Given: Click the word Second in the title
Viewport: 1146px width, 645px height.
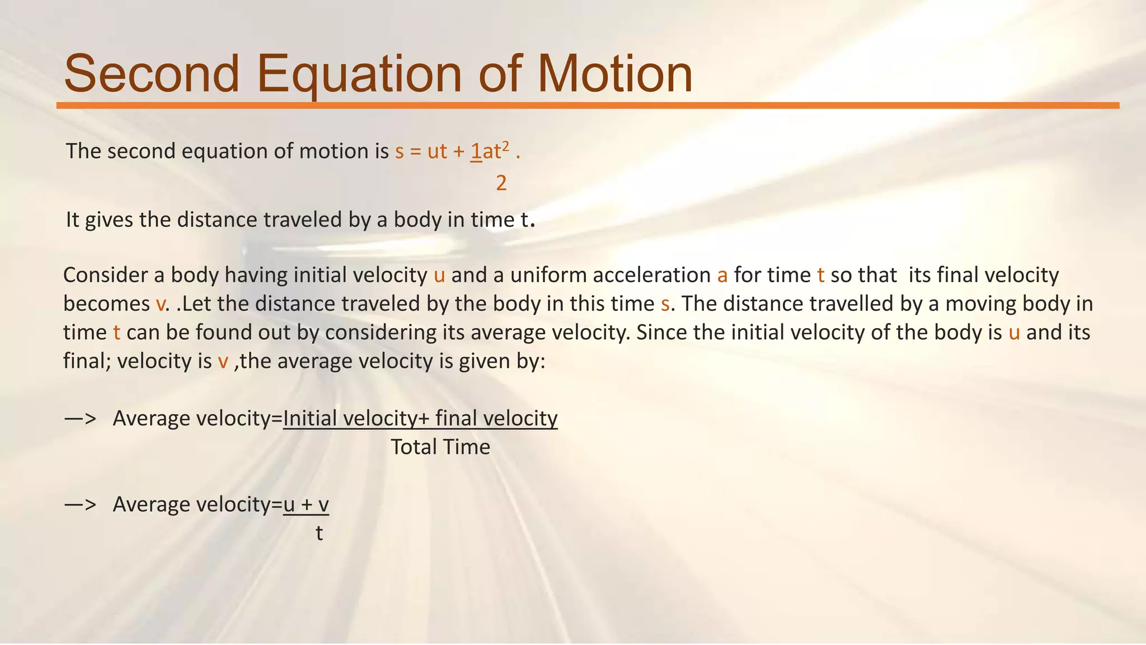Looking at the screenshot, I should [x=152, y=74].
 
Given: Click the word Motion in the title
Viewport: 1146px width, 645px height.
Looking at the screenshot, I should [x=615, y=74].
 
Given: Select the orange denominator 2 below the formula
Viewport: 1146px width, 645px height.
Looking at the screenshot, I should [x=501, y=184].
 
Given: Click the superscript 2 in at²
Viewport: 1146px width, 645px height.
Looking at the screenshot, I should [x=505, y=146].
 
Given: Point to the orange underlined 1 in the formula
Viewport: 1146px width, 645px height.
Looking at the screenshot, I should [x=476, y=151].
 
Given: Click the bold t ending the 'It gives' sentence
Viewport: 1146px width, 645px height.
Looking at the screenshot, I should [x=524, y=220].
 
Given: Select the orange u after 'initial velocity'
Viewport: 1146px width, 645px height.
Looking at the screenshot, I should [x=439, y=275].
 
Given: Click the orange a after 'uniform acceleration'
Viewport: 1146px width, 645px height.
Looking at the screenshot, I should [x=722, y=275].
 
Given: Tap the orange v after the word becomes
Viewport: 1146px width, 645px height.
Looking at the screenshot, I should [x=161, y=304].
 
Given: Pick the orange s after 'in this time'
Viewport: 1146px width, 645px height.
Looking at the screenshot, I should [x=665, y=304].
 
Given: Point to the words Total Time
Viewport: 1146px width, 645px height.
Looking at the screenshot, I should [x=440, y=447].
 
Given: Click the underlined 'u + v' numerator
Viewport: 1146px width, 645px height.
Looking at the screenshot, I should [x=306, y=504].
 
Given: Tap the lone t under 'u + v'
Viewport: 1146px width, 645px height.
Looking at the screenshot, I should [x=319, y=533].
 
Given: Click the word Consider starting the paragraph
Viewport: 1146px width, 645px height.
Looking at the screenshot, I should [x=106, y=275].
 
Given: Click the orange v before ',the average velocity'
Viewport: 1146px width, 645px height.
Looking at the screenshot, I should [x=223, y=362].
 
